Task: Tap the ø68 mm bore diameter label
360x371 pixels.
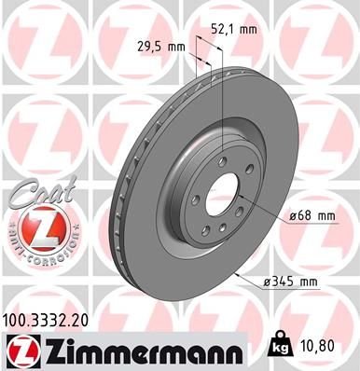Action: click(x=312, y=216)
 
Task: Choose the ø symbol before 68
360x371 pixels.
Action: click(x=293, y=216)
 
